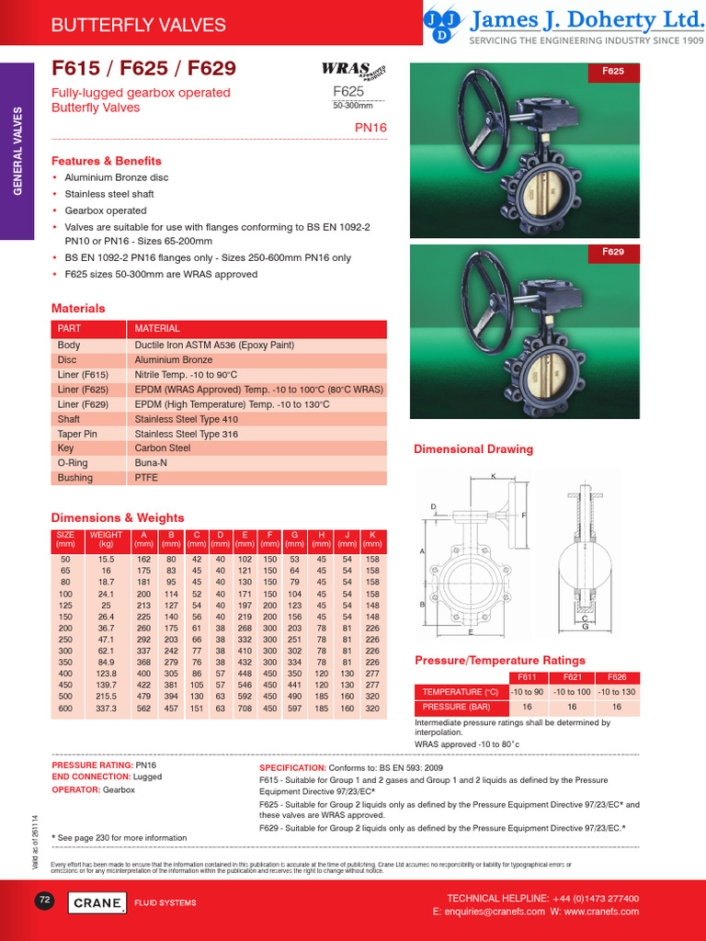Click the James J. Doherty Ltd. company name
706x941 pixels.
586,20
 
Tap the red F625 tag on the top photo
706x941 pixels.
613,71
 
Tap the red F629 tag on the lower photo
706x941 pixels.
613,251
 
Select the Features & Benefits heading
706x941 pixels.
106,161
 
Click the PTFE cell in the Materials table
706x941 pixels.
147,478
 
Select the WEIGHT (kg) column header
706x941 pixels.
106,539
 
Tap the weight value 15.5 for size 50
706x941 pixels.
106,559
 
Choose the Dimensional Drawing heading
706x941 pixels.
473,449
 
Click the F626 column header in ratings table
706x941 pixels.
617,677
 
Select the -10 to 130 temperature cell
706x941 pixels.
617,691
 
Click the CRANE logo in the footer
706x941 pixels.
97,903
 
